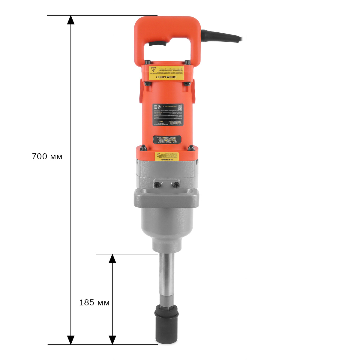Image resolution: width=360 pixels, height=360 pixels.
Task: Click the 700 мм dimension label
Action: point(47,156)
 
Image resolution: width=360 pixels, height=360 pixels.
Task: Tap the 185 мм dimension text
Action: point(94,302)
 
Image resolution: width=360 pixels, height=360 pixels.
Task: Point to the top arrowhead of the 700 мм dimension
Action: point(70,20)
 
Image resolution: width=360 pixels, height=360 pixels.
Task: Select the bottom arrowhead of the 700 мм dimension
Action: point(70,340)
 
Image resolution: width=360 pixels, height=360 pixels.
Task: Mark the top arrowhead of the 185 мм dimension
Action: point(112,259)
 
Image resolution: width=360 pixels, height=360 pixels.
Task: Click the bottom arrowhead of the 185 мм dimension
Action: point(112,340)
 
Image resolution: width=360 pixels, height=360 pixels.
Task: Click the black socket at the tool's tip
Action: point(166,325)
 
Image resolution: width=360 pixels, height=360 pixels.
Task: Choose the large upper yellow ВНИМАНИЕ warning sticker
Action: point(166,73)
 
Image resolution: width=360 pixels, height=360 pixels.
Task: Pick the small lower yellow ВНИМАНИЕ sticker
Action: point(166,156)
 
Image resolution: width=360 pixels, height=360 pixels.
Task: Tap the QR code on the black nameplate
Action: point(179,107)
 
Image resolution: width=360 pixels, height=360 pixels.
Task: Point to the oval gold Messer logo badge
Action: point(167,139)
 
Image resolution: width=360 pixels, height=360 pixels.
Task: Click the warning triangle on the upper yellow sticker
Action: point(153,70)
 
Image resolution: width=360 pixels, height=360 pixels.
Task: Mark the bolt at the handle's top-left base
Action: point(147,62)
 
